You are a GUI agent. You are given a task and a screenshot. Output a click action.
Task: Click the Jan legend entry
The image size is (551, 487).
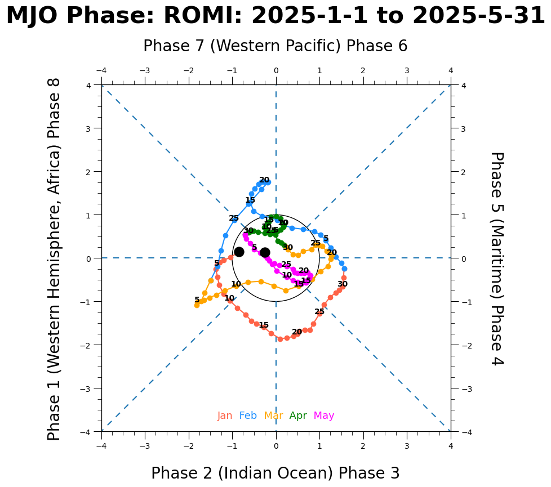pos(225,416)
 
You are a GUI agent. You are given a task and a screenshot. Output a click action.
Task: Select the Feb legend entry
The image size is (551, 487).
pos(248,416)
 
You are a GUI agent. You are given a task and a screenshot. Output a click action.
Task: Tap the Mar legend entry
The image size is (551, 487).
pos(273,416)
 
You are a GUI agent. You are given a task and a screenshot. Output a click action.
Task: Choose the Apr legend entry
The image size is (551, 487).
pos(298,416)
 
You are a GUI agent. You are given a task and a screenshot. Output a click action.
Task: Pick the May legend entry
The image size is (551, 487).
pos(324,416)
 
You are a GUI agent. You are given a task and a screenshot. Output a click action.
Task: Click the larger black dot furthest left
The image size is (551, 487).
pos(239,252)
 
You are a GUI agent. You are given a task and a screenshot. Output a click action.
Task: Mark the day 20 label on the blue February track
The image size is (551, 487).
pos(264,180)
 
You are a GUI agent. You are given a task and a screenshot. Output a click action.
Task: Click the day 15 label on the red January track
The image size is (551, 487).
pos(264,325)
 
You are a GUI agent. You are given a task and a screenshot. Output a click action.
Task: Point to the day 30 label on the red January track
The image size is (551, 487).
pos(343,284)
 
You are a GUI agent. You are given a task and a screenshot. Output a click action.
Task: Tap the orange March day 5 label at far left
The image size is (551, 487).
pos(197,300)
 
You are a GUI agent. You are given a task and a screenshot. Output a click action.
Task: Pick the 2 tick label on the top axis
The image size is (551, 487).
pos(363,70)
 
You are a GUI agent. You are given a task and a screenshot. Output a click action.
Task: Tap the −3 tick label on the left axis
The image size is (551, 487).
pos(89,388)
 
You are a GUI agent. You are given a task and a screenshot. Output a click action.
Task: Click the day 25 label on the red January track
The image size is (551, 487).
pos(319,312)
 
